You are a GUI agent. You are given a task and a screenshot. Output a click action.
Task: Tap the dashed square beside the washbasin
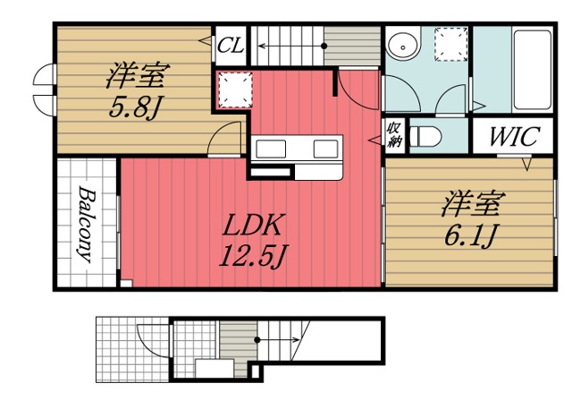(x=452, y=43)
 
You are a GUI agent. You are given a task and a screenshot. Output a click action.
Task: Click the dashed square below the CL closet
(x=235, y=88)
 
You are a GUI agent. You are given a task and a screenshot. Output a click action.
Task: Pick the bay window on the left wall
(x=41, y=88)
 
